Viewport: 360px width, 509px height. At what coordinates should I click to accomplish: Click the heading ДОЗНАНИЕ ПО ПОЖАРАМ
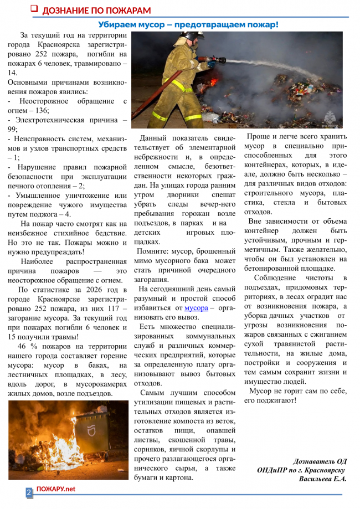tap(96, 11)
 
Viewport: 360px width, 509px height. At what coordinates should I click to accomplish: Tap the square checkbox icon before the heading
tap(33, 9)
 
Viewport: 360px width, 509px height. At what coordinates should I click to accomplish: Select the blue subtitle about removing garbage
tap(188, 25)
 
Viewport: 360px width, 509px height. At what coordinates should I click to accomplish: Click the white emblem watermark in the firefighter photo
tap(331, 117)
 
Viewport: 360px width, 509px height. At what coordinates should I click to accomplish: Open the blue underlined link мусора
tap(196, 308)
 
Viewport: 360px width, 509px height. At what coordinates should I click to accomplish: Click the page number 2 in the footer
tap(28, 491)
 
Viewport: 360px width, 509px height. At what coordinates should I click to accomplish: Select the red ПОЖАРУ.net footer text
tap(55, 489)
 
